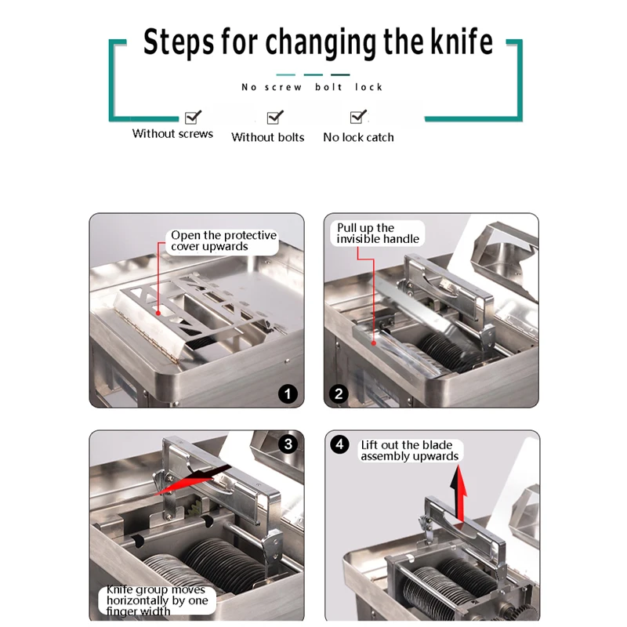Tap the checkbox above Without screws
click(192, 118)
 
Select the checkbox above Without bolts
click(274, 118)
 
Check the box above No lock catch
click(357, 117)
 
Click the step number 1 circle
click(288, 394)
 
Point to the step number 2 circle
click(339, 394)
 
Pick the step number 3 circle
click(288, 444)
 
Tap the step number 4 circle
click(339, 444)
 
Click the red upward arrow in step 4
click(459, 493)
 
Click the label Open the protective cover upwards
click(223, 241)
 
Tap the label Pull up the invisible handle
click(378, 233)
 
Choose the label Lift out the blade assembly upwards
click(409, 451)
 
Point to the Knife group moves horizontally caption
click(158, 600)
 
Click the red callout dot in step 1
click(158, 313)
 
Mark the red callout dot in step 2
click(374, 343)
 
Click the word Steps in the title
click(178, 42)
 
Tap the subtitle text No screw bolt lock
click(312, 87)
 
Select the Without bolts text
click(267, 137)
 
